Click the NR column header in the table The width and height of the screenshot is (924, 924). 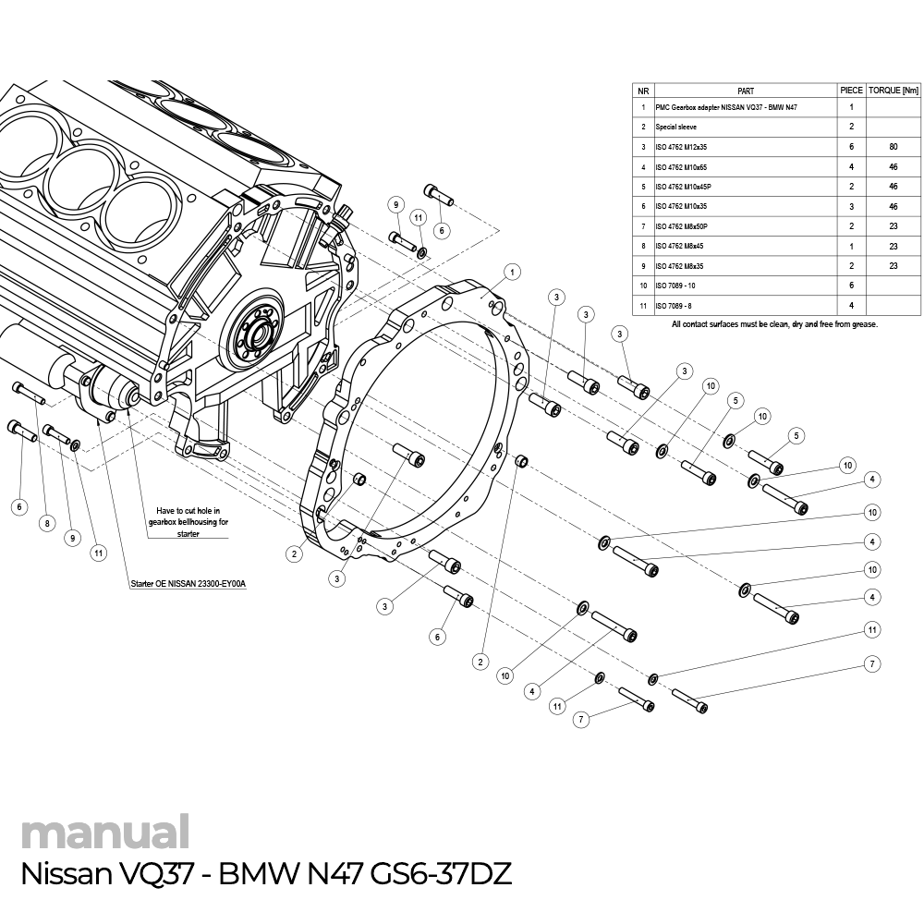(643, 91)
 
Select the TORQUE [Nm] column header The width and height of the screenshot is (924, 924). (894, 91)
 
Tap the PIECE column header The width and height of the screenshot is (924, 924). (851, 91)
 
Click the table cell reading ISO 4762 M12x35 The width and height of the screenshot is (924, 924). (681, 147)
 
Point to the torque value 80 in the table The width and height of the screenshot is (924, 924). (894, 147)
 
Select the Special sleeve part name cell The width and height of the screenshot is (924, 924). (676, 127)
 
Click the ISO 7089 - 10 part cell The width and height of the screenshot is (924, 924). (675, 286)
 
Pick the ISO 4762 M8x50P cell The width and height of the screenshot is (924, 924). (683, 226)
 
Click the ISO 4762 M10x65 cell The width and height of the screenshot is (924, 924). (681, 167)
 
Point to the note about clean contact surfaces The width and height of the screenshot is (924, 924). (774, 324)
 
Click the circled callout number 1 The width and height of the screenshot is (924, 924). (513, 272)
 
